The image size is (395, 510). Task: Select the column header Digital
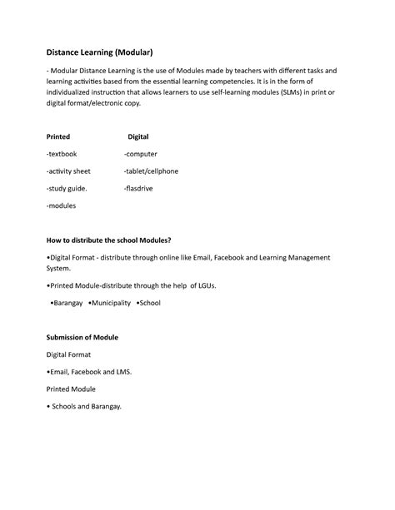click(x=137, y=136)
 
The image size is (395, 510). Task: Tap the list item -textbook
click(x=63, y=154)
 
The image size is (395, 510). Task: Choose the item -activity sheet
click(x=68, y=171)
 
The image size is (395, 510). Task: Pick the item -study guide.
click(x=67, y=187)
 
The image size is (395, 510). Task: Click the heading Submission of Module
click(x=82, y=338)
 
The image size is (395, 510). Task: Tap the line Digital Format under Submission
click(x=70, y=355)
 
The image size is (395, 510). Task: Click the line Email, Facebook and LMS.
click(x=88, y=372)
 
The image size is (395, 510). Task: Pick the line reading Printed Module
click(x=71, y=389)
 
